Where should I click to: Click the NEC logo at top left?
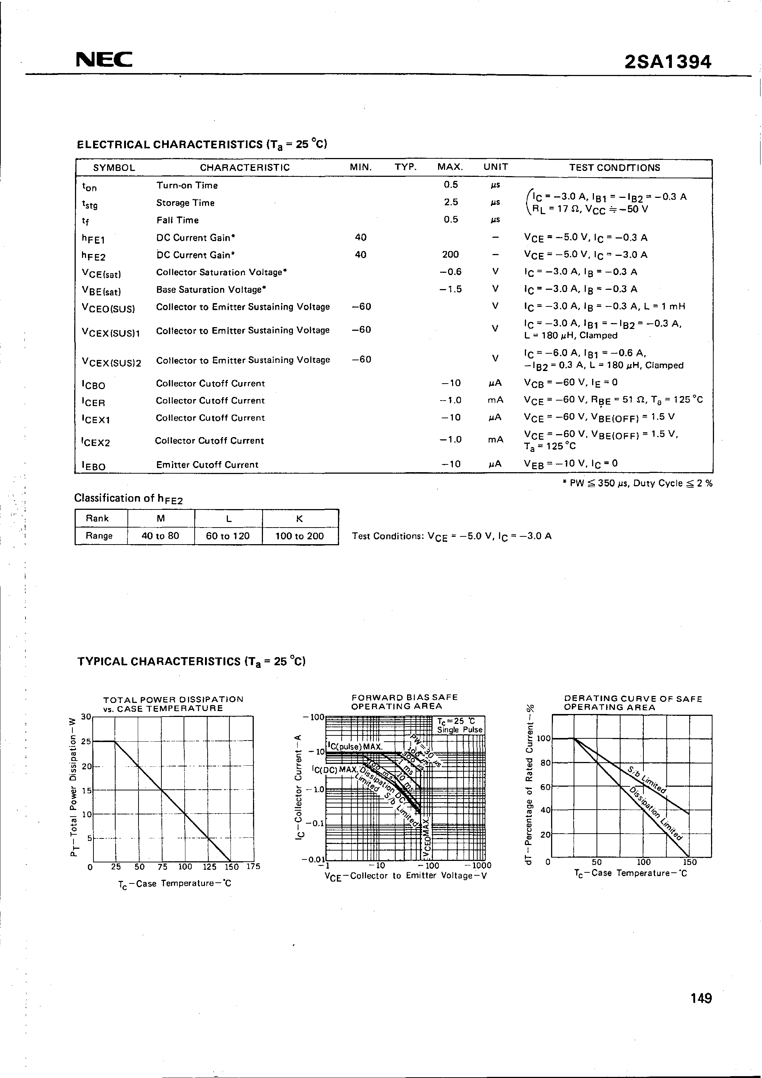pos(104,60)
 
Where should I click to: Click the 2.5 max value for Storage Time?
pos(451,202)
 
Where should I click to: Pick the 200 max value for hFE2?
pos(450,254)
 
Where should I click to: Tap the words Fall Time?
pos(178,220)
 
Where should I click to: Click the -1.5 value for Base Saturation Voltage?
pos(451,289)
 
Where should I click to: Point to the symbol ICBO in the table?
pos(93,385)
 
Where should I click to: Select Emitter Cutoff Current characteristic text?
pos(207,464)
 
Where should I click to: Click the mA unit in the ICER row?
pos(495,400)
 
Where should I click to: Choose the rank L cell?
pos(228,518)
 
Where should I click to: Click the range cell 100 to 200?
pos(299,536)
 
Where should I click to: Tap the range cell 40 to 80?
pos(160,536)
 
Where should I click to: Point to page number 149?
pos(701,1011)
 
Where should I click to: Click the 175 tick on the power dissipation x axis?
pos(253,867)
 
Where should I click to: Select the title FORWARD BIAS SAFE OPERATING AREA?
pos(404,701)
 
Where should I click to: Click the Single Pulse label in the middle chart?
pos(459,729)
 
